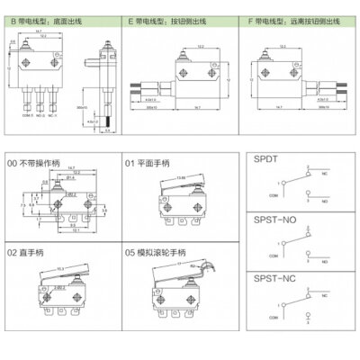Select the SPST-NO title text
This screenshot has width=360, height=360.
tap(275, 220)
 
